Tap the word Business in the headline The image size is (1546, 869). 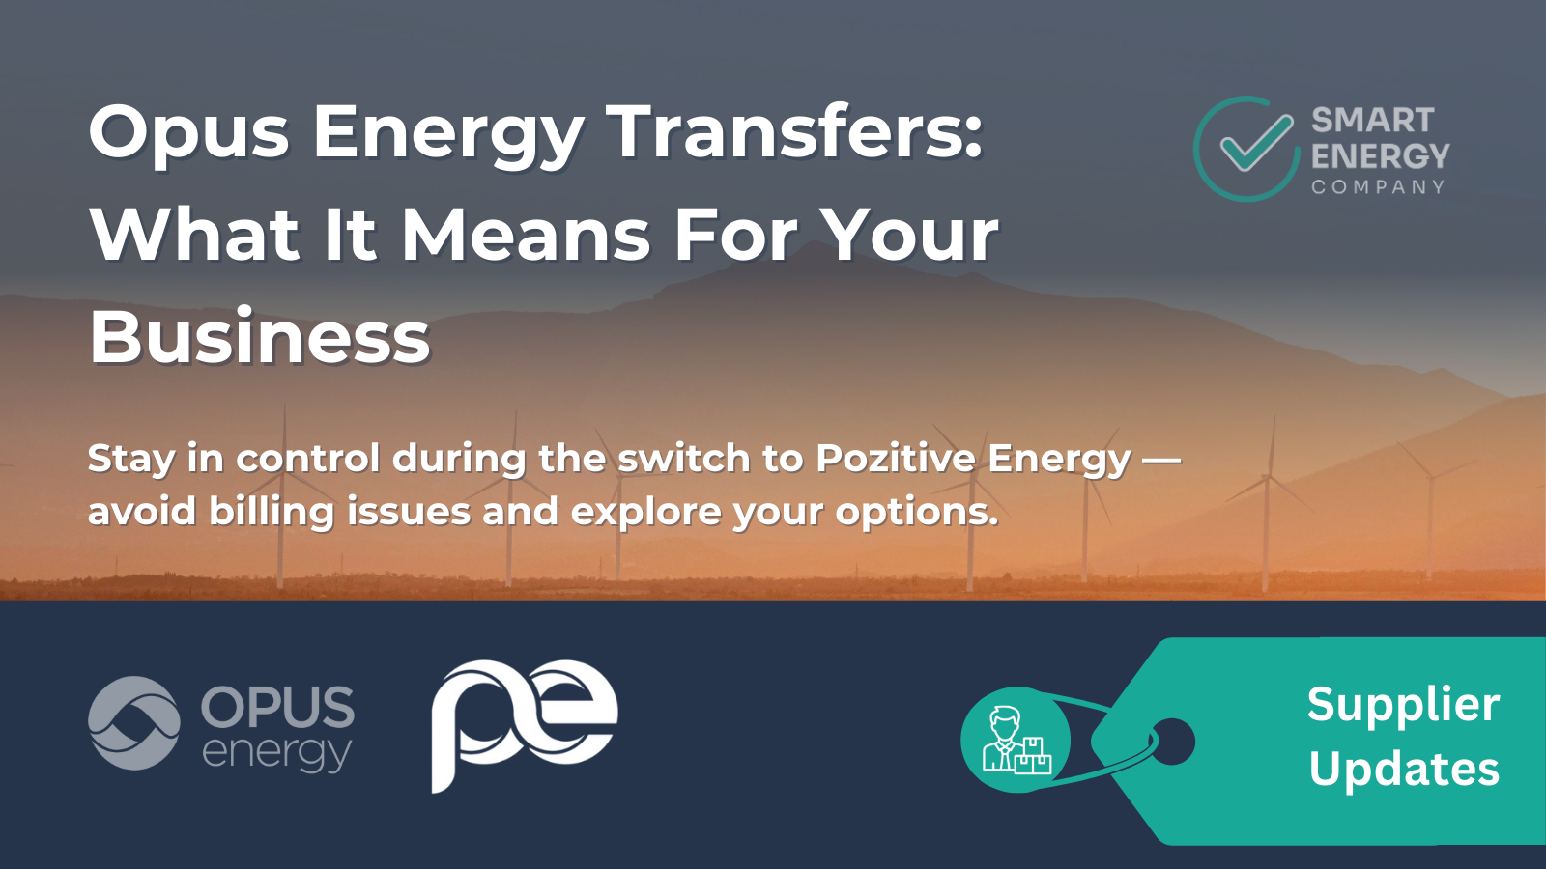click(260, 337)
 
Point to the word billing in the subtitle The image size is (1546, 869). click(272, 511)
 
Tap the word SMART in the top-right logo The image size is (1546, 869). click(1372, 121)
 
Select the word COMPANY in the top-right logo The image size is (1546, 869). click(1378, 187)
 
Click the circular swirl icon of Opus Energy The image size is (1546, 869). click(134, 723)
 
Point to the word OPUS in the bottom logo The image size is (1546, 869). click(277, 708)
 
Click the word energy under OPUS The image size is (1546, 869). click(276, 753)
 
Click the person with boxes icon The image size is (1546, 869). click(1016, 741)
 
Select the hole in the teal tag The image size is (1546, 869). click(1173, 742)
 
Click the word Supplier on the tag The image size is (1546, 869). click(1403, 705)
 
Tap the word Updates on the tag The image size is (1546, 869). click(1404, 770)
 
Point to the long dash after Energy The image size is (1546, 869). click(1161, 460)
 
